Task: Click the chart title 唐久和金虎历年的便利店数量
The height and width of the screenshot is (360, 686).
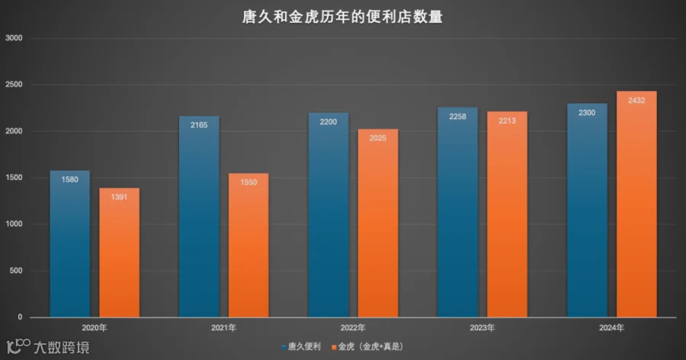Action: click(342, 17)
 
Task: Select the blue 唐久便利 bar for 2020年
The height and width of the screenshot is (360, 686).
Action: click(70, 243)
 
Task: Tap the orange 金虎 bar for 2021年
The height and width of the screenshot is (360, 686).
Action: click(248, 246)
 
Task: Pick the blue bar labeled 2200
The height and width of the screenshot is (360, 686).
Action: click(329, 215)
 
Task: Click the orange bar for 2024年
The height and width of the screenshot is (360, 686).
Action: click(636, 204)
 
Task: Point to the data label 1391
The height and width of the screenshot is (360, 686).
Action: click(119, 197)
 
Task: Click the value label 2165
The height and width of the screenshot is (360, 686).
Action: click(199, 125)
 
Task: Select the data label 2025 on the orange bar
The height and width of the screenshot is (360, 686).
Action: click(378, 138)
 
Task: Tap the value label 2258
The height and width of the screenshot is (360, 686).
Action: click(457, 117)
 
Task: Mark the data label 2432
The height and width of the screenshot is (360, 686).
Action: click(636, 101)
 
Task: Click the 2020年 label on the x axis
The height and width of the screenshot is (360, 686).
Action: click(94, 328)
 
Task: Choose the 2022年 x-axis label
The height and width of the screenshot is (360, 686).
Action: click(353, 328)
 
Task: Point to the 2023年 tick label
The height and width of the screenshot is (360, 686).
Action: click(482, 328)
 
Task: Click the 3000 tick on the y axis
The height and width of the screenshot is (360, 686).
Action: click(14, 38)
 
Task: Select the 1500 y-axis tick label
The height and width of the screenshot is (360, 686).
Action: click(14, 178)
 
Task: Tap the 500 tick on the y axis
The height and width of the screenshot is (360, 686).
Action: click(16, 271)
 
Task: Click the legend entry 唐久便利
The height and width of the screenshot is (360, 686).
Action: click(301, 347)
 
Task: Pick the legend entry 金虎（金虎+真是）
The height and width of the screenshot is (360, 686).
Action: click(367, 347)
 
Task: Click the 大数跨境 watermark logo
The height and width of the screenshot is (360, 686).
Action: click(48, 347)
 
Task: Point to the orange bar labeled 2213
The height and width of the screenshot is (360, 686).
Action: click(507, 214)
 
